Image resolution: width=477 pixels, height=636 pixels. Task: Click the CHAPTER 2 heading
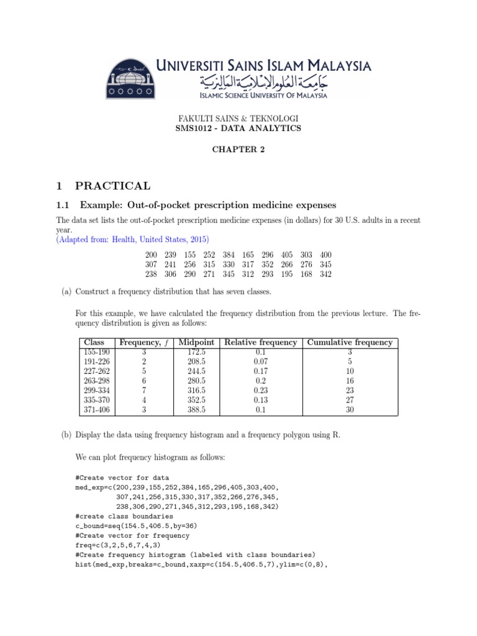pyautogui.click(x=238, y=149)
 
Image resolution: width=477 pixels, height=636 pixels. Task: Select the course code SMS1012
pyautogui.click(x=195, y=128)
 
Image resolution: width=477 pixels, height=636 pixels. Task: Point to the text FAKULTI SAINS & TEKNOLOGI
pyautogui.click(x=238, y=118)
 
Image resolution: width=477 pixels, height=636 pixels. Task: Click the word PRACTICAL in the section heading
pyautogui.click(x=112, y=186)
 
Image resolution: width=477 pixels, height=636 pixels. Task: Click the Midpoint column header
pyautogui.click(x=196, y=342)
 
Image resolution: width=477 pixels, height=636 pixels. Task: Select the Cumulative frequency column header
pyautogui.click(x=350, y=342)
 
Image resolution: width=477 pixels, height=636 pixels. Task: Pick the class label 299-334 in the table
pyautogui.click(x=96, y=391)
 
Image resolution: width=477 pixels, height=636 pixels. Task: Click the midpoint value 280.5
pyautogui.click(x=196, y=381)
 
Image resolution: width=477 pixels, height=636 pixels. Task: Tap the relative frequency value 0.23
pyautogui.click(x=261, y=391)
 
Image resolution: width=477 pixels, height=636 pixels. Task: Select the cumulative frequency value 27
pyautogui.click(x=350, y=401)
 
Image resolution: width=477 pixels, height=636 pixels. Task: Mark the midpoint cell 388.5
pyautogui.click(x=196, y=410)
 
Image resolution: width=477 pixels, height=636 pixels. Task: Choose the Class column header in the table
pyautogui.click(x=96, y=342)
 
